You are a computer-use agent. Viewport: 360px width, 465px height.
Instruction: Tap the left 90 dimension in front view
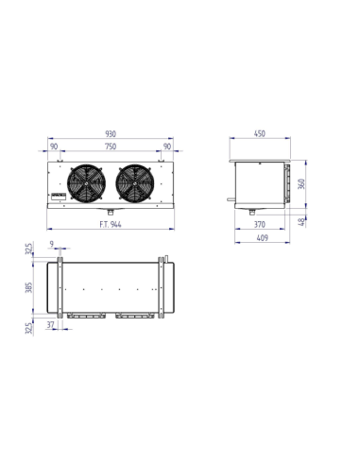coord(53,148)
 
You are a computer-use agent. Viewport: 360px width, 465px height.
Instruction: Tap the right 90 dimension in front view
coord(169,148)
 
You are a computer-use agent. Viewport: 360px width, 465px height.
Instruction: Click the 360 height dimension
coord(301,184)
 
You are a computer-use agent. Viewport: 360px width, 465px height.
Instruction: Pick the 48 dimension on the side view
coord(301,222)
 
